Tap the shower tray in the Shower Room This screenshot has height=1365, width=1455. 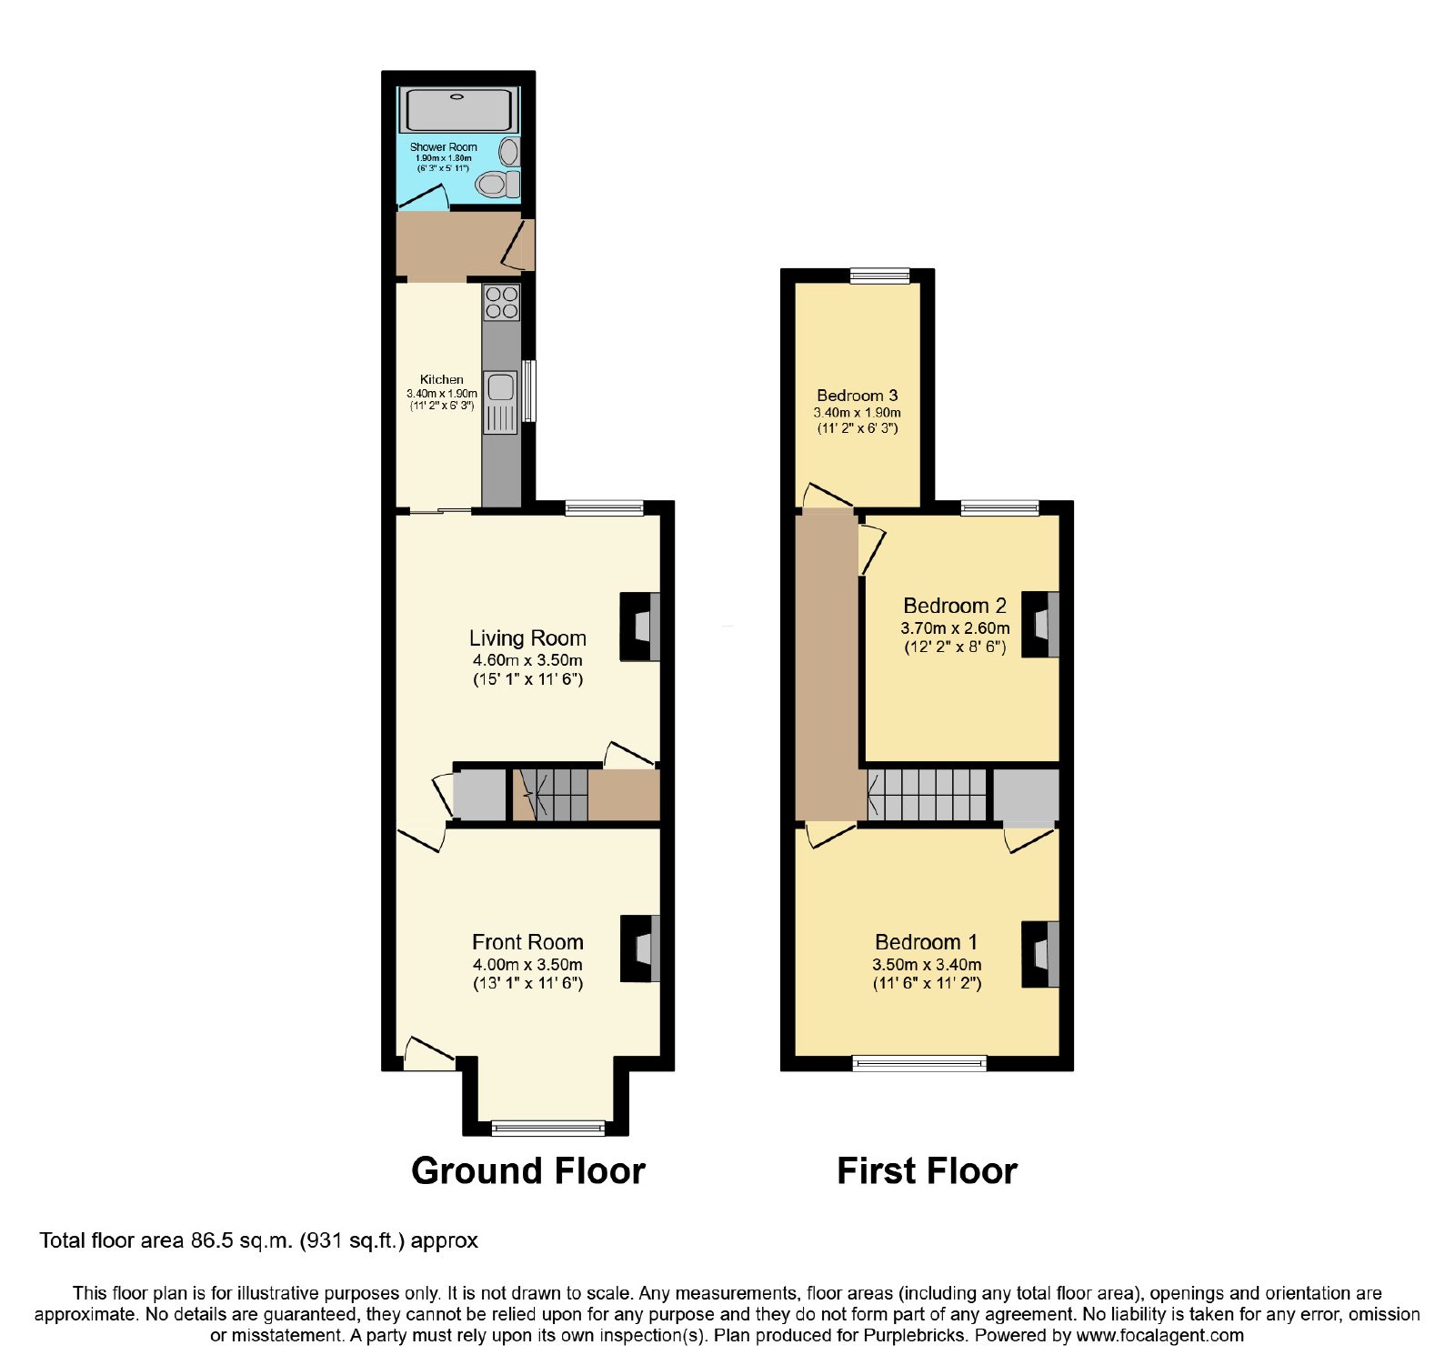pos(458,110)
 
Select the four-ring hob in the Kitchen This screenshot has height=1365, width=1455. pos(501,303)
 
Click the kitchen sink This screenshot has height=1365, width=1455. pos(501,402)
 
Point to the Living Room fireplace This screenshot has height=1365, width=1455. pos(640,627)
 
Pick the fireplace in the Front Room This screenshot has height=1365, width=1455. pos(640,948)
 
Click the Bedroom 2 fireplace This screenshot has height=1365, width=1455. pos(1040,625)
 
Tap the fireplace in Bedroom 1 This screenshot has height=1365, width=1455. pos(1040,954)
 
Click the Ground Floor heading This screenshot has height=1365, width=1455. pos(528,1170)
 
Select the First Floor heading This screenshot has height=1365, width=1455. pos(927,1170)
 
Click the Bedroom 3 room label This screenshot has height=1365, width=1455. pos(858,395)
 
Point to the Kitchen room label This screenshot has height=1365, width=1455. pos(442,379)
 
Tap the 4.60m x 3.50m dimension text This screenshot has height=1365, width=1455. pos(527,660)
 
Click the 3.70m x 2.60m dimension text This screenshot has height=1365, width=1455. pos(955,627)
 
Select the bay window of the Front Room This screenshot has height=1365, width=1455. pos(547,1128)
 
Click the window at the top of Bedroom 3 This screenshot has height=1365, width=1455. pos(880,276)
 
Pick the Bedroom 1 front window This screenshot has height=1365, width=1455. pos(919,1062)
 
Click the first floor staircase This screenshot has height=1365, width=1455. pos(927,796)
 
